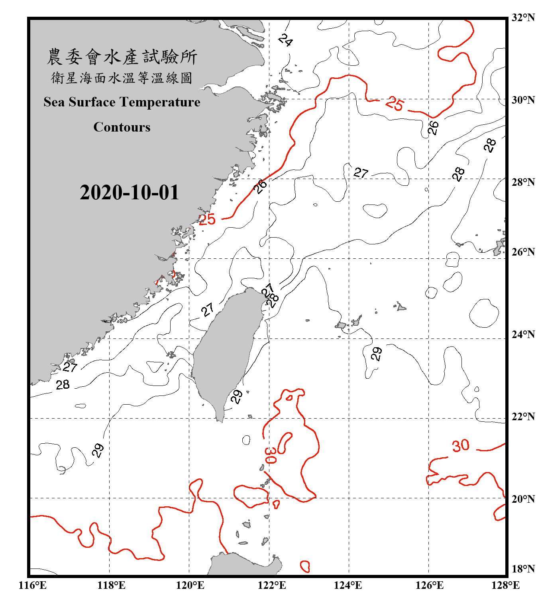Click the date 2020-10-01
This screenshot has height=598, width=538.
coord(129,193)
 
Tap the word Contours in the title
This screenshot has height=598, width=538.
coord(122,127)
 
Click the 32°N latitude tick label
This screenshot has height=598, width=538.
coord(523,18)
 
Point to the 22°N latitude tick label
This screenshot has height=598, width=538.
coord(523,417)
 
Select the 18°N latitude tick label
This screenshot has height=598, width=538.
coord(523,569)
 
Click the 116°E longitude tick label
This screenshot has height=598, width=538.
coord(33,585)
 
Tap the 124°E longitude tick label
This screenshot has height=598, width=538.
coord(348,585)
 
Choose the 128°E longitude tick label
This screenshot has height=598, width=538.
coord(505,585)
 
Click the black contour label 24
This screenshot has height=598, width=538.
coord(285,40)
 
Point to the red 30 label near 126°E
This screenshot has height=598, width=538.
coord(460,446)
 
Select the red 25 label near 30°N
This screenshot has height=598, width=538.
coord(395,104)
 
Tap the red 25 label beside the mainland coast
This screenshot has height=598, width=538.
coord(207,219)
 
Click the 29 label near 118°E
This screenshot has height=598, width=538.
coord(98,450)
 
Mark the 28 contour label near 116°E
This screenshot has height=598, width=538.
coord(63,385)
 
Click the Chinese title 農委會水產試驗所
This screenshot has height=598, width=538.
coord(122,57)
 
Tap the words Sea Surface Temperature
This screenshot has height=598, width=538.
coord(122,102)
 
